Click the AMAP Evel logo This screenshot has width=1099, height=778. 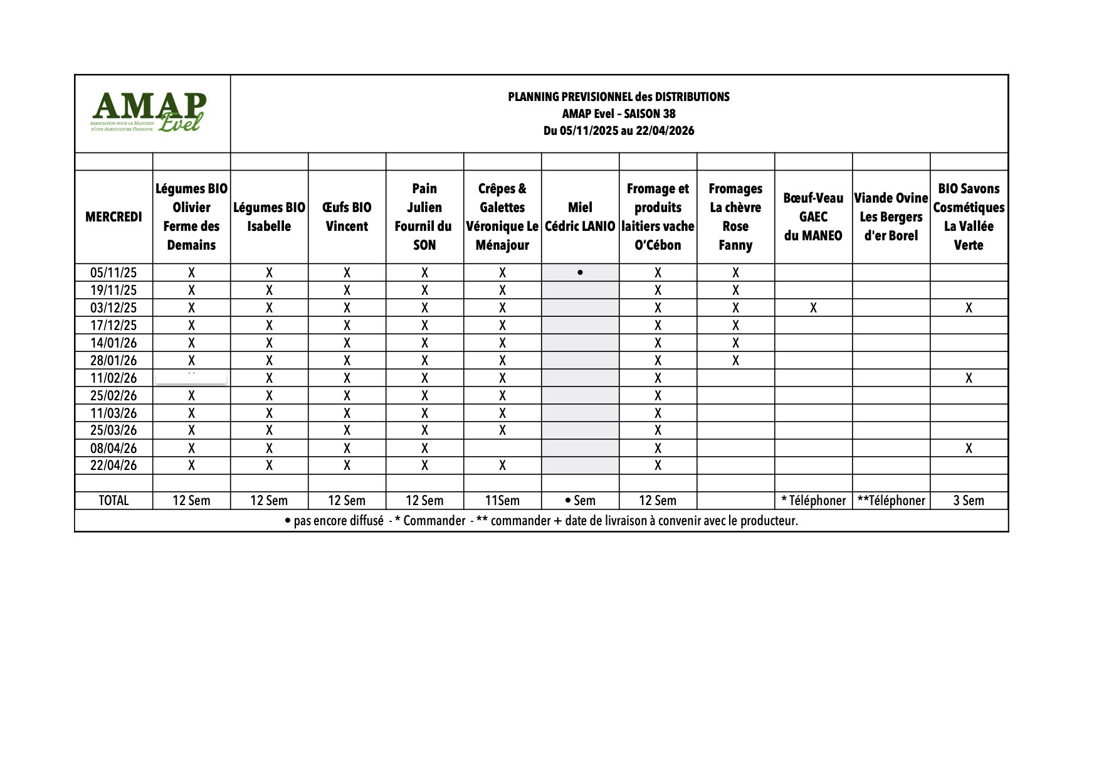(149, 113)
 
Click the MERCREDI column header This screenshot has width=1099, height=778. (113, 217)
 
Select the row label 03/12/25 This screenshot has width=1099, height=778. (113, 308)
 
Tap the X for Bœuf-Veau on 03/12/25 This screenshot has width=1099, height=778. (813, 308)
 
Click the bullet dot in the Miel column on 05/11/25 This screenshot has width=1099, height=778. (580, 273)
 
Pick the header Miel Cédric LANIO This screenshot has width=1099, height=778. (580, 217)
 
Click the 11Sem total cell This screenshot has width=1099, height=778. (502, 501)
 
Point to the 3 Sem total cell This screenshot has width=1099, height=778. (969, 501)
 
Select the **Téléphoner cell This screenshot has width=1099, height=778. (891, 501)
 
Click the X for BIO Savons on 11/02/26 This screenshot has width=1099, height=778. (969, 378)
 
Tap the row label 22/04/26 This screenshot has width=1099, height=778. (113, 466)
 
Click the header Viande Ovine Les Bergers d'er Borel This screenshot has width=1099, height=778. (891, 217)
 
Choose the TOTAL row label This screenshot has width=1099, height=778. (113, 501)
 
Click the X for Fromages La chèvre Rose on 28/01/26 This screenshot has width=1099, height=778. (735, 361)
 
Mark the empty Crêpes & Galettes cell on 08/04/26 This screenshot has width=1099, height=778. (502, 448)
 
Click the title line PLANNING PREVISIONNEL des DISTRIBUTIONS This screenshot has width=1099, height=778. (619, 97)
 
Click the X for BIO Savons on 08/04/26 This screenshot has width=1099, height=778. (969, 448)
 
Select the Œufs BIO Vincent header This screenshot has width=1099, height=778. (347, 217)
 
